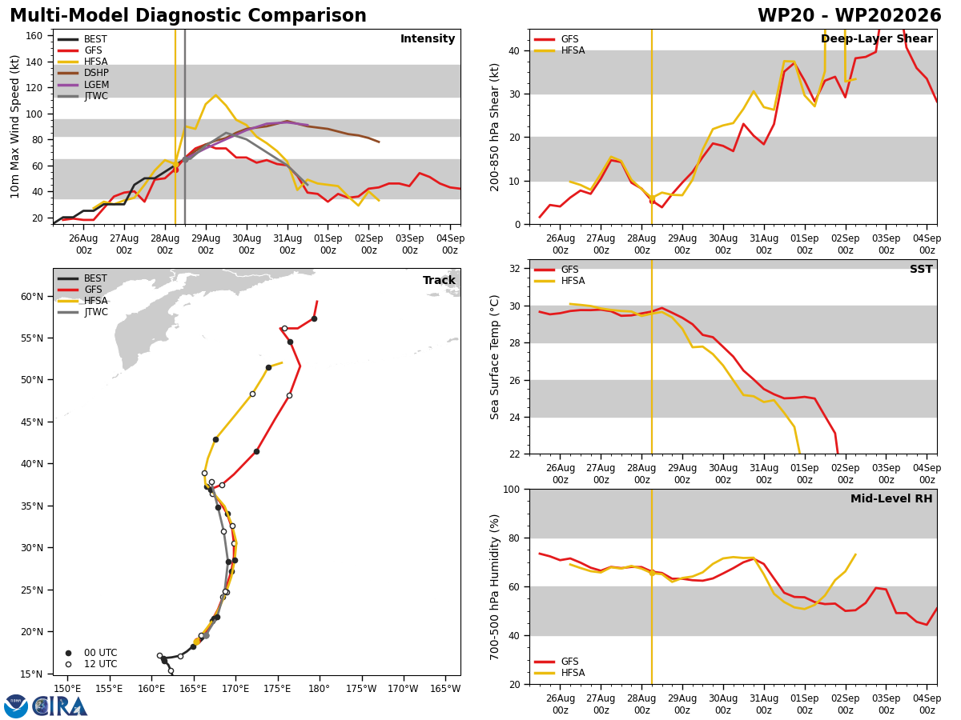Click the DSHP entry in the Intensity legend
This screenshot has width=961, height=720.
pos(82,73)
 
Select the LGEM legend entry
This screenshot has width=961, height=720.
pos(82,84)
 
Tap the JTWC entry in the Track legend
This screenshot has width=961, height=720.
pos(82,312)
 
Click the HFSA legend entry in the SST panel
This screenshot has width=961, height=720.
pos(560,280)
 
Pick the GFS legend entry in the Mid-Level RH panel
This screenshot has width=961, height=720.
pos(557,662)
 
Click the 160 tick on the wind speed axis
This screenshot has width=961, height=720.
pos(34,36)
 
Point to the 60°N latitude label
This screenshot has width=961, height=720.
pos(32,296)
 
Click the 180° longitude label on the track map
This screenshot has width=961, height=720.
pos(319,689)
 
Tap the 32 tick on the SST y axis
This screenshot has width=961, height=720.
pos(514,269)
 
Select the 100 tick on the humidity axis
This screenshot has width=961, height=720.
pos(512,489)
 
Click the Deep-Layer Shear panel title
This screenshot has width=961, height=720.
pos(876,38)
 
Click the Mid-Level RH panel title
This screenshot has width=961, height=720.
pos(891,498)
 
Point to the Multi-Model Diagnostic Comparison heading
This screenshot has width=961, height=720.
pos(188,15)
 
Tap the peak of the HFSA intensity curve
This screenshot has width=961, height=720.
pos(215,95)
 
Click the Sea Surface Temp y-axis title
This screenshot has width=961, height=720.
pos(494,357)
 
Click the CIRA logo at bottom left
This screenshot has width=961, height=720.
pos(46,706)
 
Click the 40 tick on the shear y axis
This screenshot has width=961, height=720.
pos(514,50)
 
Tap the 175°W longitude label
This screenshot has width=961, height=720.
pos(361,689)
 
